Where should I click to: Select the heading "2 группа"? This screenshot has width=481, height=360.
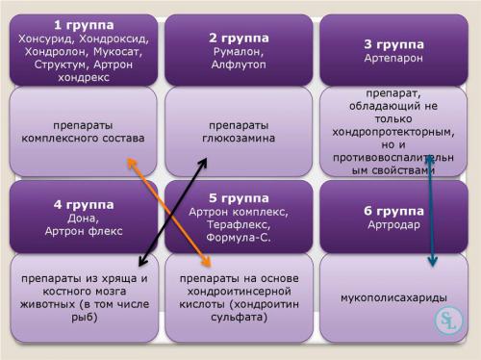239,38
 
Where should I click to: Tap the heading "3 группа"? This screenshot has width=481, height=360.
394,43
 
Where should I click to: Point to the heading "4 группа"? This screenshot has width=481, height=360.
84,204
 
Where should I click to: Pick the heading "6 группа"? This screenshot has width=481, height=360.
394,210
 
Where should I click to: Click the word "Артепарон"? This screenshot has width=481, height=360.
394,59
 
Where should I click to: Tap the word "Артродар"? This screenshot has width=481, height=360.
394,225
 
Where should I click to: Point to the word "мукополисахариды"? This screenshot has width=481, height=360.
394,297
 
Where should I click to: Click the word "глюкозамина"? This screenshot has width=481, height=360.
239,138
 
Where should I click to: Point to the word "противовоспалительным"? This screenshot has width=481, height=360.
394,160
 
